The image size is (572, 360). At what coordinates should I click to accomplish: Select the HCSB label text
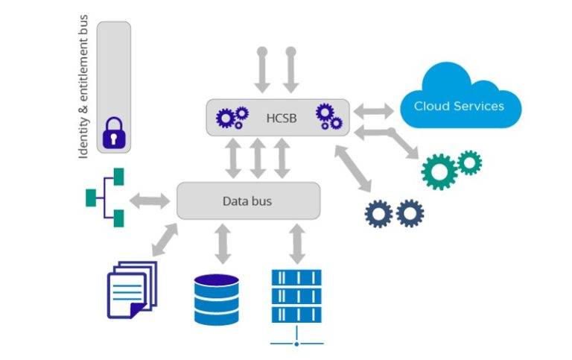tap(281, 117)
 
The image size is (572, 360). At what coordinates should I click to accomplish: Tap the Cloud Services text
tap(459, 106)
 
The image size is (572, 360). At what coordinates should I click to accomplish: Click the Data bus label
tap(247, 201)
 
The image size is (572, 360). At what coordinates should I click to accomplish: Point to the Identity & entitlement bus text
tap(83, 85)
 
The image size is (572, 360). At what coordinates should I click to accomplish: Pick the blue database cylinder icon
tap(217, 300)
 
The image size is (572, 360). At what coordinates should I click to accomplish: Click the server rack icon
tap(296, 297)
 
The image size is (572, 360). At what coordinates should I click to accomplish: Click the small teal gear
tap(469, 161)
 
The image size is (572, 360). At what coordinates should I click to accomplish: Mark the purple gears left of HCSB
tap(232, 118)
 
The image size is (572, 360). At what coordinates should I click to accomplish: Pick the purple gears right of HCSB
tap(328, 116)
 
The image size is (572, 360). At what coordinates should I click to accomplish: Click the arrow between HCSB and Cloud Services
tap(374, 111)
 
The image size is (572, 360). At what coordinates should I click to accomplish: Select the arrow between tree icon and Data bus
tap(150, 200)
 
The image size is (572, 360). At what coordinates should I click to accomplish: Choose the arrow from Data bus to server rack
tap(297, 242)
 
